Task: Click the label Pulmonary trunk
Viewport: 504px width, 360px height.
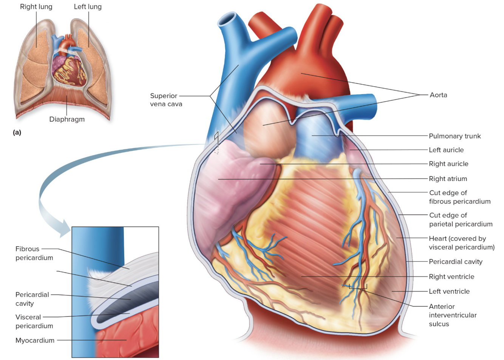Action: tap(455, 136)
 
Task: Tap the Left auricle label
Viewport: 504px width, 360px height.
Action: tap(446, 150)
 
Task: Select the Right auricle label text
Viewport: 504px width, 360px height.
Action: tap(448, 164)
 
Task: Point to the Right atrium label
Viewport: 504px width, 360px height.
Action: tap(448, 179)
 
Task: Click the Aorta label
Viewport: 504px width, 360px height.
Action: tap(438, 95)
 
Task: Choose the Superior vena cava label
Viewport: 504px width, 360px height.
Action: tap(165, 100)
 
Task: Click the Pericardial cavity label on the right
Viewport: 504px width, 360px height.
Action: tap(455, 262)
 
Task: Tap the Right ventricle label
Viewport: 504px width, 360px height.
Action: tap(451, 277)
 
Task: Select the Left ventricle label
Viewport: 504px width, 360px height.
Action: tap(449, 292)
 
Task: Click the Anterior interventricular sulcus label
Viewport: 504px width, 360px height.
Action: tap(452, 315)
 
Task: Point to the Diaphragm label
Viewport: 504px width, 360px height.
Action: tap(67, 119)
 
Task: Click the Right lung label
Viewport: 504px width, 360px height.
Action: tap(36, 7)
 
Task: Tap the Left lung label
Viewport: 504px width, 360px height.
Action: tap(88, 7)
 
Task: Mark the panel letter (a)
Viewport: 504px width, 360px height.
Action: tap(17, 132)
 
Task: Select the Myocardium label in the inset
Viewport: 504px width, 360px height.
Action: tap(35, 340)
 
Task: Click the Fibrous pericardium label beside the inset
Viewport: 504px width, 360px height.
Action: tap(34, 253)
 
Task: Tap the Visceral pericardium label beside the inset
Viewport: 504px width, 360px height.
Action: tap(34, 321)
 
